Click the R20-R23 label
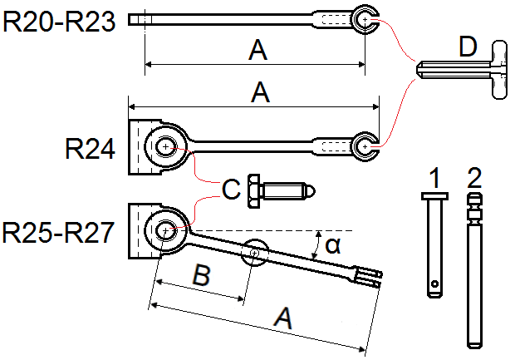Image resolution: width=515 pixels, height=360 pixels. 59,22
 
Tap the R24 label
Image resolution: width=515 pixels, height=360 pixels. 90,149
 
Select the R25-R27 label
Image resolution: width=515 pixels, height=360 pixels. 58,233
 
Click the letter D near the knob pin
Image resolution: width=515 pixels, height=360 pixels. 468,47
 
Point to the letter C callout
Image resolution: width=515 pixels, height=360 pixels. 231,190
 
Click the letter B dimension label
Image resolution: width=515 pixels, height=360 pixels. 201,274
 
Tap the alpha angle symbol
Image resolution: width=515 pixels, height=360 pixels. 333,245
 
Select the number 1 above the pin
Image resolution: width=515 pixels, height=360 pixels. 434,178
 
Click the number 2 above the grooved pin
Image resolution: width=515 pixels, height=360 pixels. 474,178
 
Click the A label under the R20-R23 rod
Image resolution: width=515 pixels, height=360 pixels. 258,50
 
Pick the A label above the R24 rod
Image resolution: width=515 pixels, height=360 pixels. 260,92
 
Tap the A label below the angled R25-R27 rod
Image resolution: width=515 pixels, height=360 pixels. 283,318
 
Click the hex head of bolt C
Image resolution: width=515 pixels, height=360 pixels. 254,191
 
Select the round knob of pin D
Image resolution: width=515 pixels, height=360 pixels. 499,70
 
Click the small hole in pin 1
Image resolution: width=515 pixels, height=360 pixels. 434,284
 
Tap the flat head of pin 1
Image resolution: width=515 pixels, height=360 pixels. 435,196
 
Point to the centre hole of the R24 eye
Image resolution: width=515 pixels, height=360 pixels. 166,146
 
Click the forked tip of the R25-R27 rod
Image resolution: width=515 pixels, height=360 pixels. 369,278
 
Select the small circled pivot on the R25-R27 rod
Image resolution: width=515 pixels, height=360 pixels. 255,253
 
